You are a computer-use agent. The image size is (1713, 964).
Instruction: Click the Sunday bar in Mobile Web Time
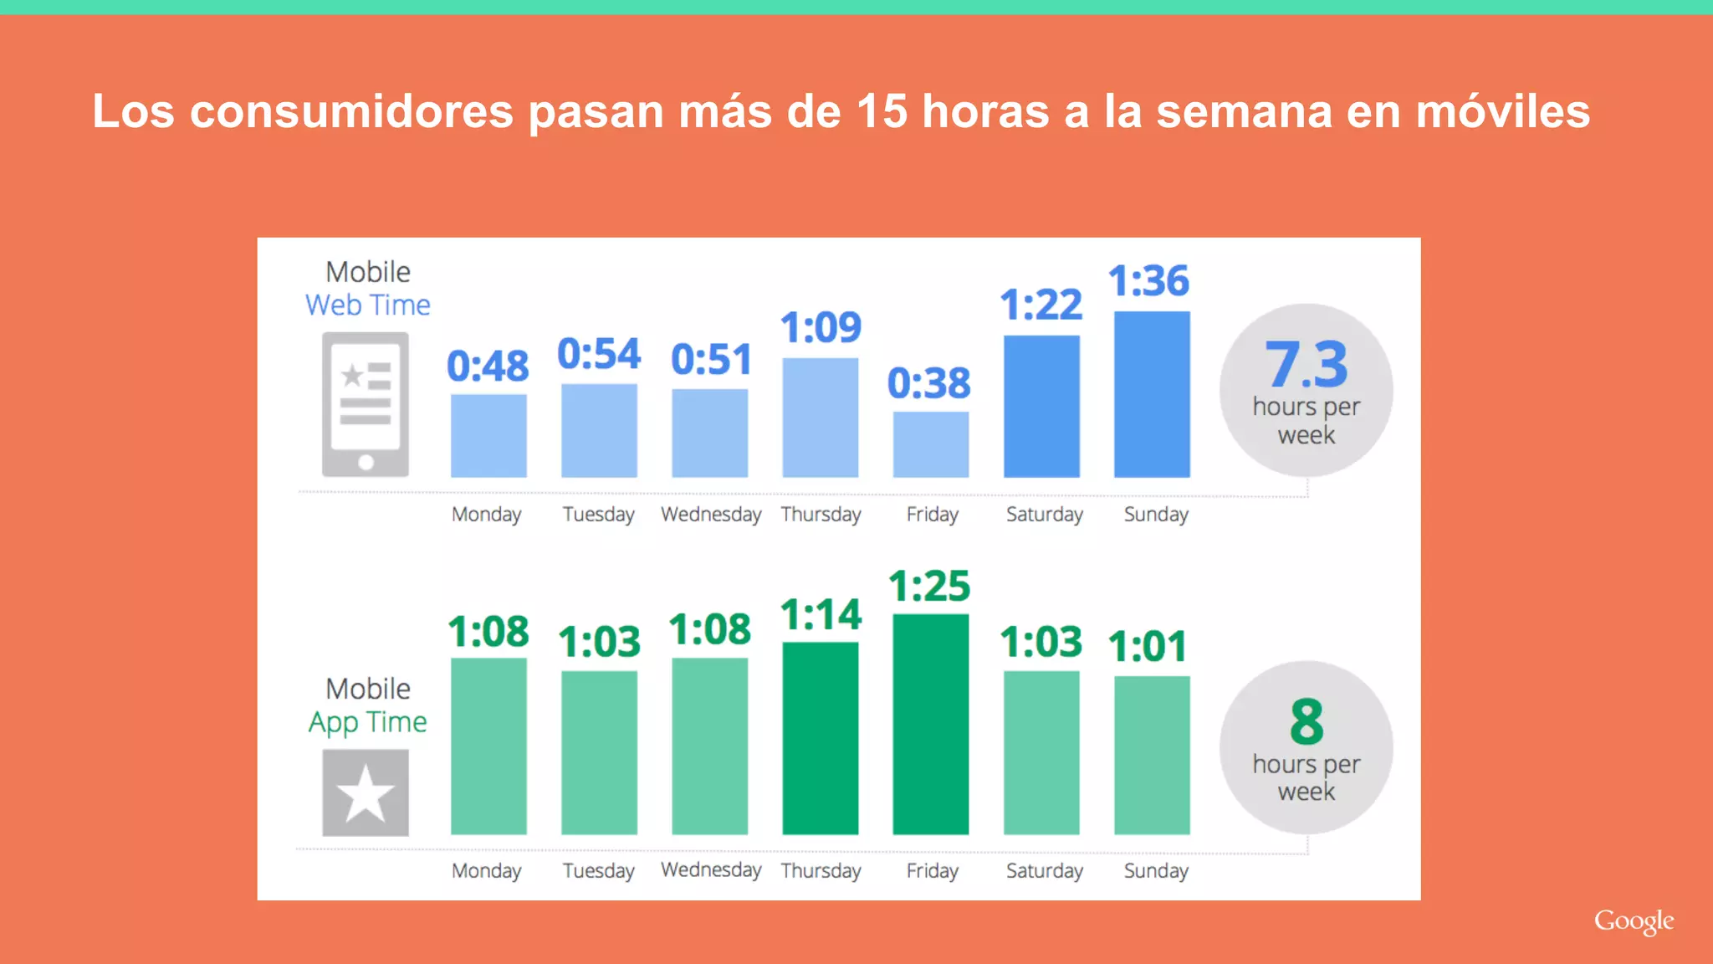[x=1152, y=394]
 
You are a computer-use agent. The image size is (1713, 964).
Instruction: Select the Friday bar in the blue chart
[x=930, y=444]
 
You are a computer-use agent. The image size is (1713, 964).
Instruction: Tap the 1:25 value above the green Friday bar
[x=929, y=586]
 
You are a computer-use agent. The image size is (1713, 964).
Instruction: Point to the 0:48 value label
[x=488, y=366]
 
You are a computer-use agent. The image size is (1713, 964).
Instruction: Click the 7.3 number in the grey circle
[x=1306, y=365]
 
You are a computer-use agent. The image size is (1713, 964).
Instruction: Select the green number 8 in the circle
[x=1306, y=721]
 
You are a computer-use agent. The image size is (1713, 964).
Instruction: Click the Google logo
[x=1634, y=921]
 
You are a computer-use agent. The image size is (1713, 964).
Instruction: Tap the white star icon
[x=366, y=793]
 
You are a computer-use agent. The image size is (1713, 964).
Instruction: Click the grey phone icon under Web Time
[x=366, y=404]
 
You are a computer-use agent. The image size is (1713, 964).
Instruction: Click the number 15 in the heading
[x=882, y=111]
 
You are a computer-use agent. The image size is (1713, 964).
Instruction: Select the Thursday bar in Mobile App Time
[x=820, y=738]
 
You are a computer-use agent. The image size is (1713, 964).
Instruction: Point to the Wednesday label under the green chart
[x=711, y=870]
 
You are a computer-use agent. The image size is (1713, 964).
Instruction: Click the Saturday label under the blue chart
[x=1044, y=514]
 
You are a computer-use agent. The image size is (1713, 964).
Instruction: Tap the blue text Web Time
[x=368, y=305]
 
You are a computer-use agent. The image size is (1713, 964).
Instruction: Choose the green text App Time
[x=368, y=722]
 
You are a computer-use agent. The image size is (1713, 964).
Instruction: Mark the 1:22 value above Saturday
[x=1041, y=305]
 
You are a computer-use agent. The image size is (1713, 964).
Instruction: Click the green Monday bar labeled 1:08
[x=488, y=746]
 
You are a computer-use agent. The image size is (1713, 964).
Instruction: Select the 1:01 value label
[x=1148, y=647]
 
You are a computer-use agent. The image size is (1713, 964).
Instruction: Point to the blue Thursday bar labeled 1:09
[x=820, y=418]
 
